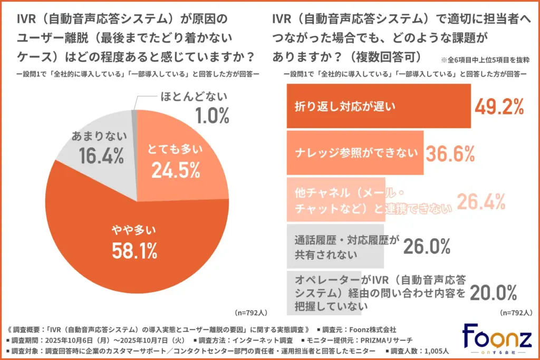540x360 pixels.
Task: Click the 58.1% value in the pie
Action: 134,251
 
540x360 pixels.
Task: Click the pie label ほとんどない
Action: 193,96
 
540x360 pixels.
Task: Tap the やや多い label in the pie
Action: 134,230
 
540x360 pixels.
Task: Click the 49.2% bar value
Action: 499,106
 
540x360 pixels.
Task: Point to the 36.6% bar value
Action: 450,153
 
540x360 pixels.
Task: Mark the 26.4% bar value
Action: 481,200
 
